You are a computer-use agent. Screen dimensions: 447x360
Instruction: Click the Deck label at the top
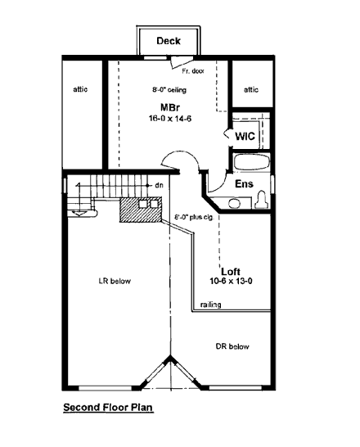coord(168,40)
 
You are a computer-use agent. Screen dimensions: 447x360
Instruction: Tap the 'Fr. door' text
coord(181,70)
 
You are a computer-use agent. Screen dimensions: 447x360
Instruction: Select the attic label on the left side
coord(80,89)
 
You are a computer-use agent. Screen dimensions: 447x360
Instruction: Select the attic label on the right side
coord(251,89)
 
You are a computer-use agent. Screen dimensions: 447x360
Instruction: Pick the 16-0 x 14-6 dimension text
coord(169,119)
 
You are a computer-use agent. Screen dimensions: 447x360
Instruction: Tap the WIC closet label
coord(246,135)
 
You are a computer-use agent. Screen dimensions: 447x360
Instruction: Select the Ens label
coord(243,184)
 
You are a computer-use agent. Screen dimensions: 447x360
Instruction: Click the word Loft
coord(231,270)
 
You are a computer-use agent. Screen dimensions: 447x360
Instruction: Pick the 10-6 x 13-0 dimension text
coord(231,281)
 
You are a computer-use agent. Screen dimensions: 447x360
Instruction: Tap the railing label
coord(209,305)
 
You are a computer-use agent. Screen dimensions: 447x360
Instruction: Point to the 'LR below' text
coord(114,281)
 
